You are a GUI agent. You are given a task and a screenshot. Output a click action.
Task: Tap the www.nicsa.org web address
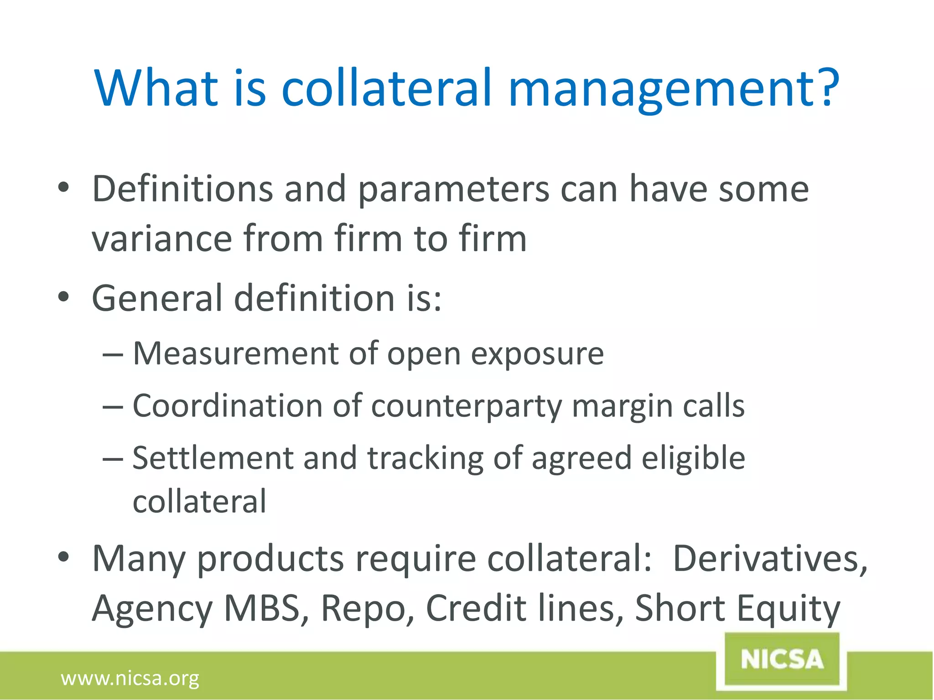pyautogui.click(x=130, y=679)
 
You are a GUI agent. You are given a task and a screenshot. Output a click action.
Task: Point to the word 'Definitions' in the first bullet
pyautogui.click(x=182, y=189)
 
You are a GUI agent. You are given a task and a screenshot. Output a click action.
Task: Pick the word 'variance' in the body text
pyautogui.click(x=162, y=239)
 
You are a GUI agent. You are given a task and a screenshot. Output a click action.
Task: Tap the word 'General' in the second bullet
pyautogui.click(x=157, y=299)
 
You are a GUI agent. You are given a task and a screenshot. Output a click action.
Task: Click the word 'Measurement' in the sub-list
pyautogui.click(x=236, y=354)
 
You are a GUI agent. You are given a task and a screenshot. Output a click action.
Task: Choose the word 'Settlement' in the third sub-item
pyautogui.click(x=213, y=458)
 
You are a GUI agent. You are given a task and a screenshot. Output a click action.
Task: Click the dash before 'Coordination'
pyautogui.click(x=112, y=406)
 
